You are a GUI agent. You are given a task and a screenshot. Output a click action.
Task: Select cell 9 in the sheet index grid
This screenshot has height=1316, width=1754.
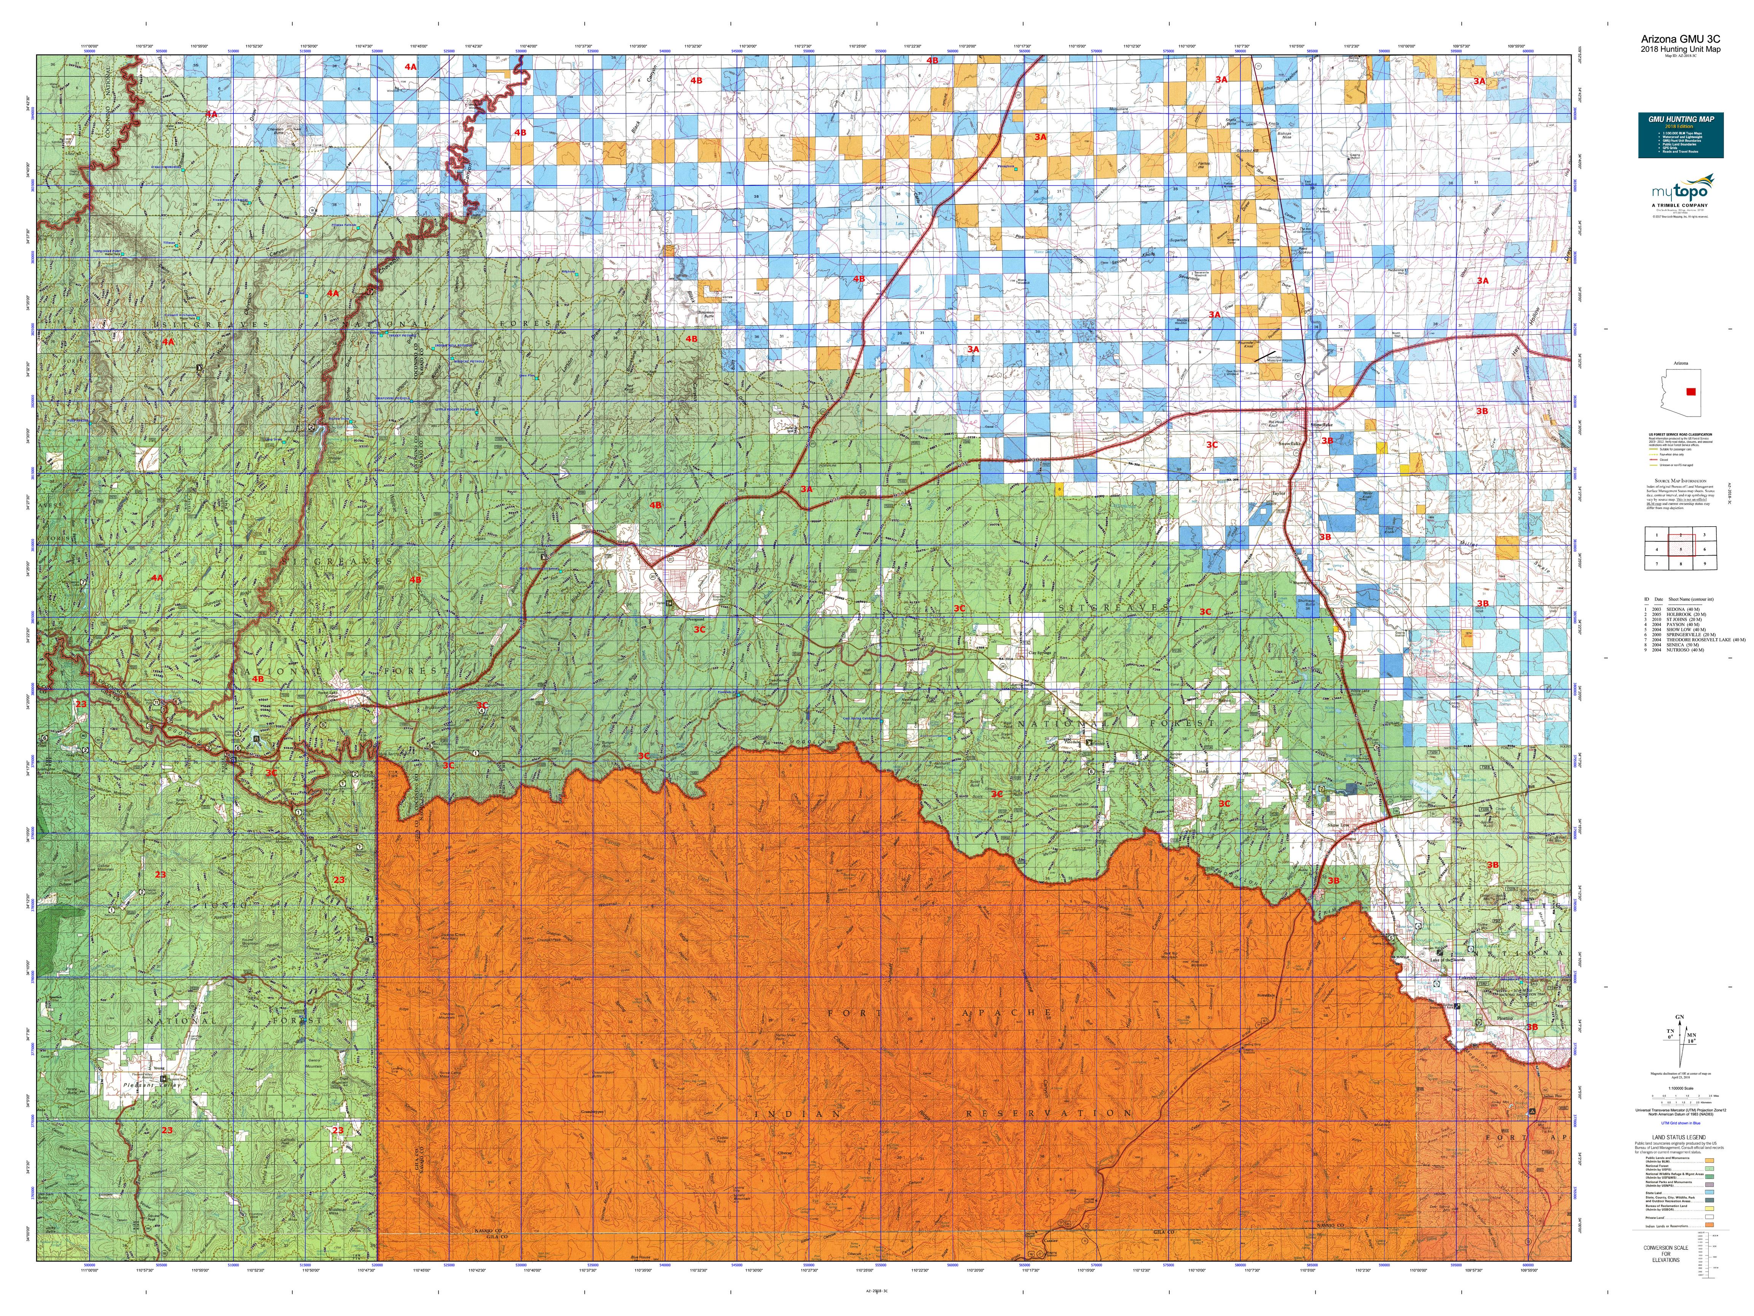pos(1704,563)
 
